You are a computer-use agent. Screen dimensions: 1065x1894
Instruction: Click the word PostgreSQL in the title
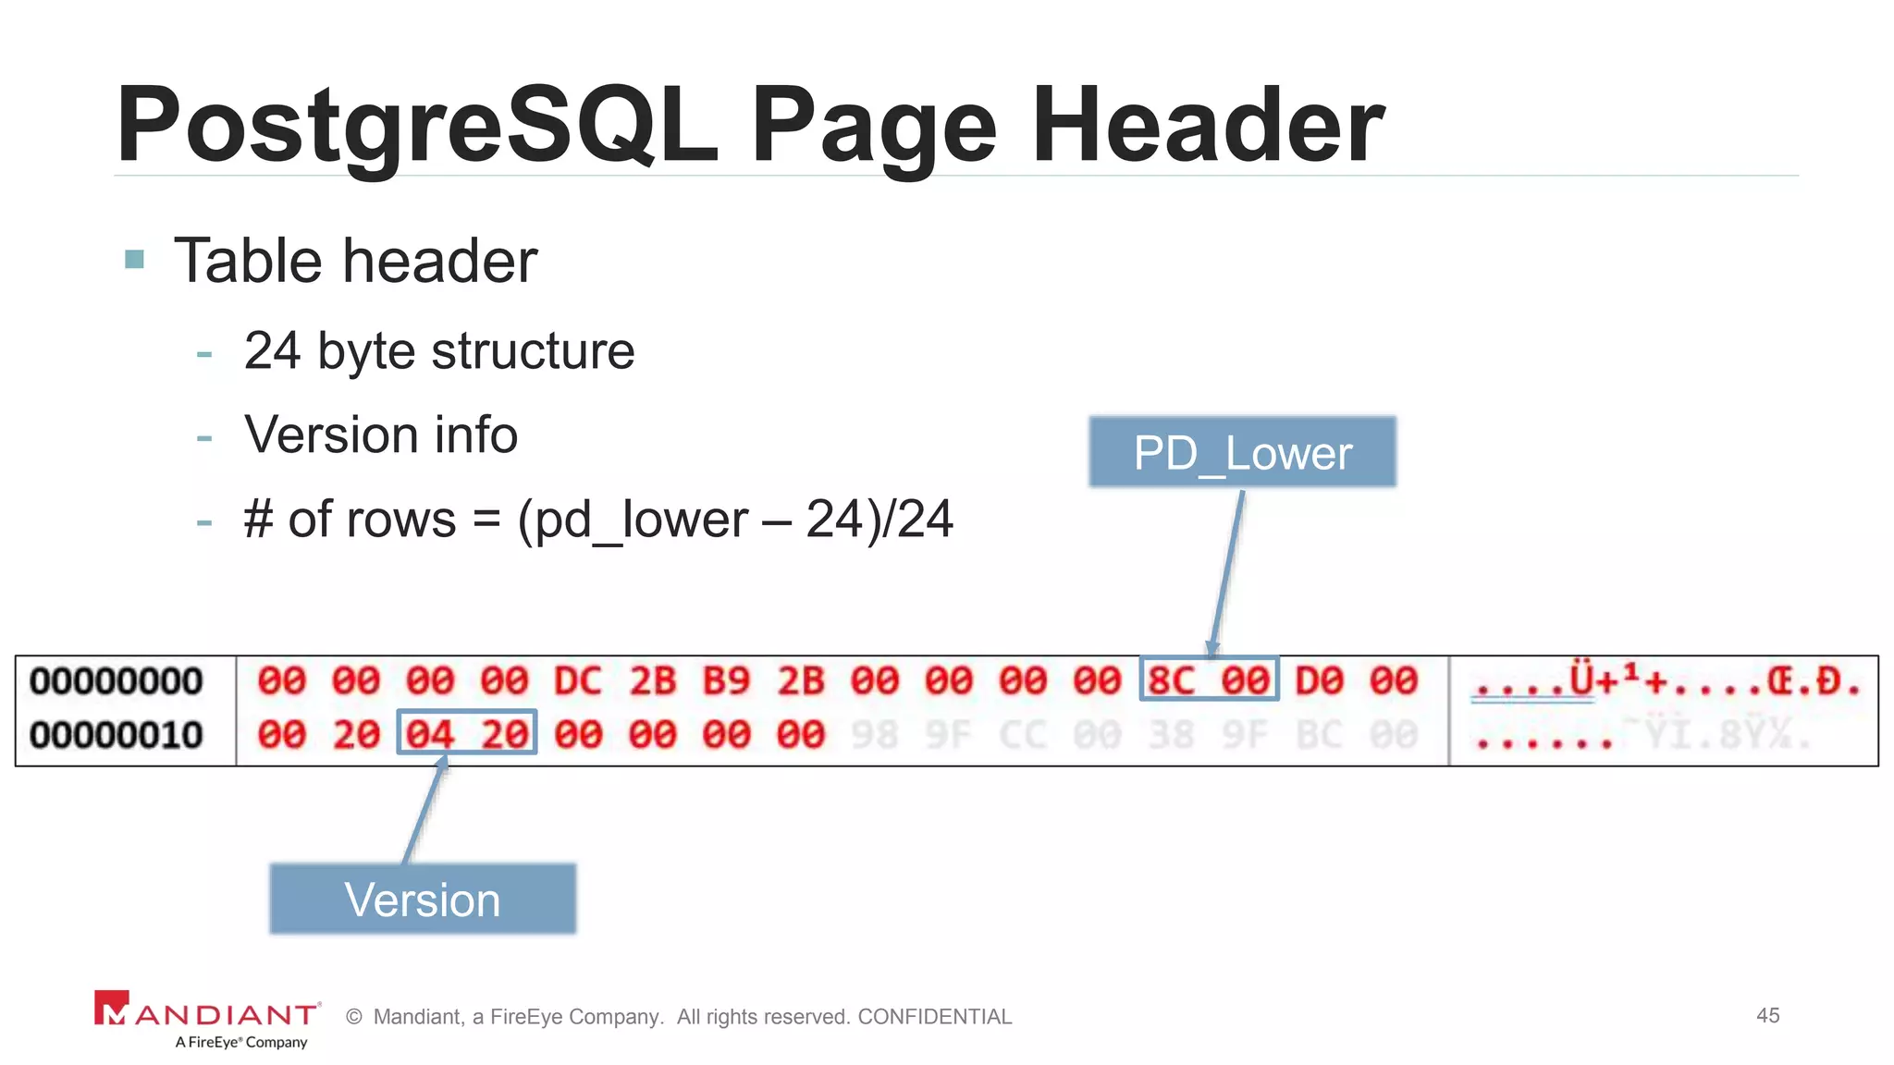416,125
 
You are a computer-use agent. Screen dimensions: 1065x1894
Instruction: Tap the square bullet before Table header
135,259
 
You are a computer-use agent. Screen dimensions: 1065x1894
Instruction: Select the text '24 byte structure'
439,351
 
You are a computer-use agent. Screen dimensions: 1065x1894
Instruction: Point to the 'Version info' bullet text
380,435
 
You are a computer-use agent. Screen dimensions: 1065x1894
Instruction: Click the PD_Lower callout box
1242,452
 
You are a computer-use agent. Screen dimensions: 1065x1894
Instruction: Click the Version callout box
423,899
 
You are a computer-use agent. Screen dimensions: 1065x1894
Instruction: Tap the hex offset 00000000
117,681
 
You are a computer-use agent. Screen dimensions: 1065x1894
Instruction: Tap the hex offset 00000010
117,735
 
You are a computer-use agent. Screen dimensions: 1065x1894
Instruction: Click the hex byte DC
578,681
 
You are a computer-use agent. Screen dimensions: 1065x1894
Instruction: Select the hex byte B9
726,681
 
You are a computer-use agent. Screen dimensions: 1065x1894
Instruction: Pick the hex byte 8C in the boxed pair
1171,681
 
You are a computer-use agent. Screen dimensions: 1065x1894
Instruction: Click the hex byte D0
1319,681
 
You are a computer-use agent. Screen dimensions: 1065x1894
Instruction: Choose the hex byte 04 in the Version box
430,735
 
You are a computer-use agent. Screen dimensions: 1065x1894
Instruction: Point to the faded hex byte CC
1023,735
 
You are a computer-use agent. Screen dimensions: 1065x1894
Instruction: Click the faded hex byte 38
1171,735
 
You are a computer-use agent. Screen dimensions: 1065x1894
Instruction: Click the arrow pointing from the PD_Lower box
1227,573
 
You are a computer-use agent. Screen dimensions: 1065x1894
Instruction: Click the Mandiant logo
207,1018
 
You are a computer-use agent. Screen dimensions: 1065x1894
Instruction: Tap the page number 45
1767,1015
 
